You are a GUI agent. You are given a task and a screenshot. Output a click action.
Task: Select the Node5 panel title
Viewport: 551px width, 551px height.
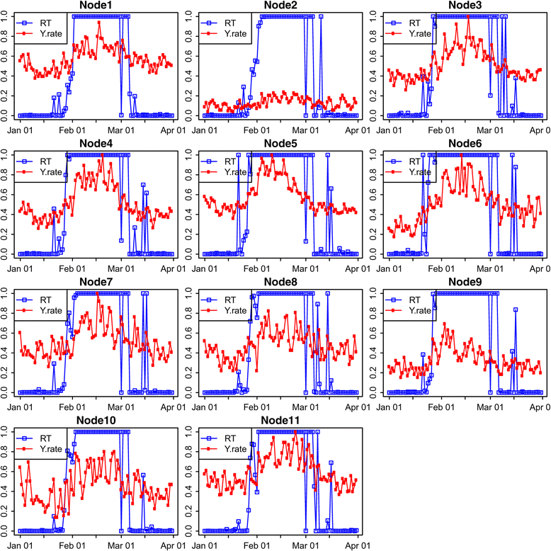tap(279, 144)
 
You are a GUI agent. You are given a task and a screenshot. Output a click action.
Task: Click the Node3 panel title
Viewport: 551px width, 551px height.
tap(463, 6)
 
